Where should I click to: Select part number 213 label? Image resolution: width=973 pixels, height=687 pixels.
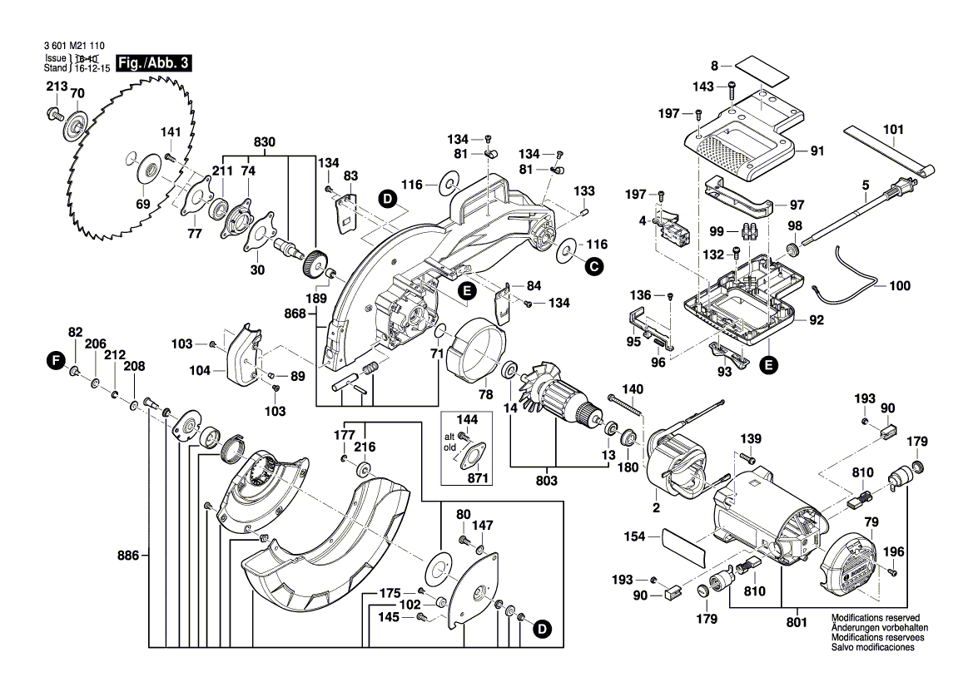(x=56, y=86)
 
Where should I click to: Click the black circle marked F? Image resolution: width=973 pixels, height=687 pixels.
(x=56, y=360)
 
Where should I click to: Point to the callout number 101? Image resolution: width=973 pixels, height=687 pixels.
(x=893, y=130)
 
